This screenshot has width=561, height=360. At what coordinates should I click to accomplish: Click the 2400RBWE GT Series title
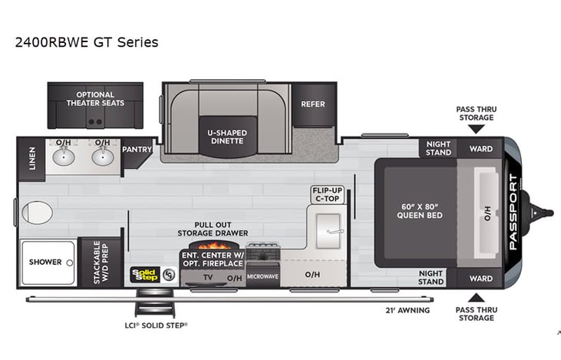86,42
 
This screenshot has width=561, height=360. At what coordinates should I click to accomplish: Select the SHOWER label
45,263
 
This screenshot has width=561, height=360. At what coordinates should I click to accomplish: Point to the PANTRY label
137,150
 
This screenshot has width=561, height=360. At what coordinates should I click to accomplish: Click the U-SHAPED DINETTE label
226,136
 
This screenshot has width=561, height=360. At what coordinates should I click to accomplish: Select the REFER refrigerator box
312,104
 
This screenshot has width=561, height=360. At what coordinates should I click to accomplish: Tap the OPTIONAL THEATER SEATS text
95,99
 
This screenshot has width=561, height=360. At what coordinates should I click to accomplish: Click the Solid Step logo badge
144,274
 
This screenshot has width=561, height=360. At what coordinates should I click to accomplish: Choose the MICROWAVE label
262,275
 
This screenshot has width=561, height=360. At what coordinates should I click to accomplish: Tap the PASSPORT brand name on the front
513,212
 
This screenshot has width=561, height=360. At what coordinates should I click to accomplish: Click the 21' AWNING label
407,310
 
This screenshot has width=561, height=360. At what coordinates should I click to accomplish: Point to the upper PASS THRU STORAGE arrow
476,129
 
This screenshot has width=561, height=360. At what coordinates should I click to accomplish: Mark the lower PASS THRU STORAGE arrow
476,297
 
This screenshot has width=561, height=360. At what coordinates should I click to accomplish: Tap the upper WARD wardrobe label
480,148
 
